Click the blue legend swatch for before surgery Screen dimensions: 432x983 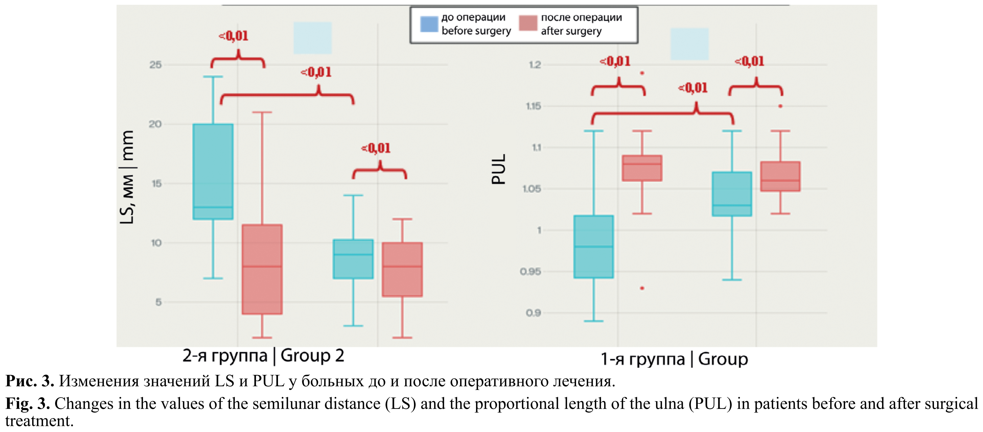[x=429, y=24]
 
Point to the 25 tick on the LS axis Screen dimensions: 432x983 [x=156, y=65]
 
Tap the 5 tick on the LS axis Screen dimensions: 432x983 [x=158, y=302]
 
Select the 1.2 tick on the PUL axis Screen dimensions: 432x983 [x=535, y=65]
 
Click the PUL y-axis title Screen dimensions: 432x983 [x=498, y=169]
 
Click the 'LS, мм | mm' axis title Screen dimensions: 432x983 [x=127, y=177]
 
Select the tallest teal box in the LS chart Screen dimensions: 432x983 [x=213, y=171]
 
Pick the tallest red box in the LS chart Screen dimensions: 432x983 [x=262, y=269]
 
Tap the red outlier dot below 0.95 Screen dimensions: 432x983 [x=642, y=288]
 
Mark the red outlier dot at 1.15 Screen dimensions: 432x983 [x=780, y=106]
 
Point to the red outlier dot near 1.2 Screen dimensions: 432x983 [x=642, y=73]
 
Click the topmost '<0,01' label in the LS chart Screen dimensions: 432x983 [x=233, y=36]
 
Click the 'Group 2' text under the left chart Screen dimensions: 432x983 [x=312, y=356]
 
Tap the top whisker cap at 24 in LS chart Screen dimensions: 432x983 [x=213, y=77]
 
